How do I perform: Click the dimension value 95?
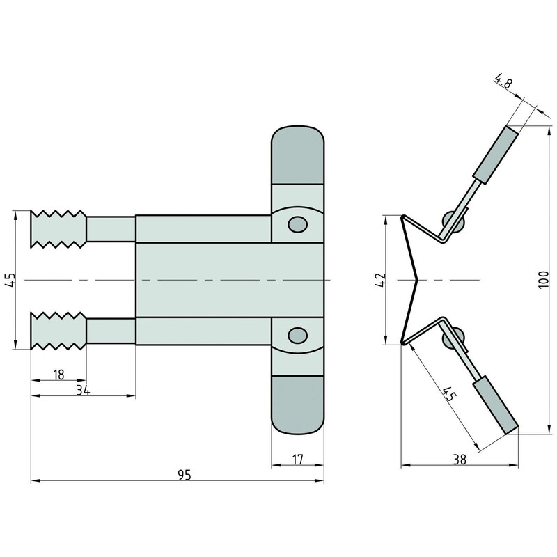coord(184,474)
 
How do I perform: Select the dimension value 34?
coord(82,390)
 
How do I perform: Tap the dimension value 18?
coord(58,375)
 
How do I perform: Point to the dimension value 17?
coord(297,460)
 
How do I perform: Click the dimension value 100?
coord(546,279)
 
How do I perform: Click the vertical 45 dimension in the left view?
coord(9,280)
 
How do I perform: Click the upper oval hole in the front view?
coord(297,223)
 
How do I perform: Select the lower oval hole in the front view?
coord(297,336)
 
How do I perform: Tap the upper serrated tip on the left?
coord(58,228)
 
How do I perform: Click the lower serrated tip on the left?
coord(58,331)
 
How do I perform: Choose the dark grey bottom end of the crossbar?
coord(297,405)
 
